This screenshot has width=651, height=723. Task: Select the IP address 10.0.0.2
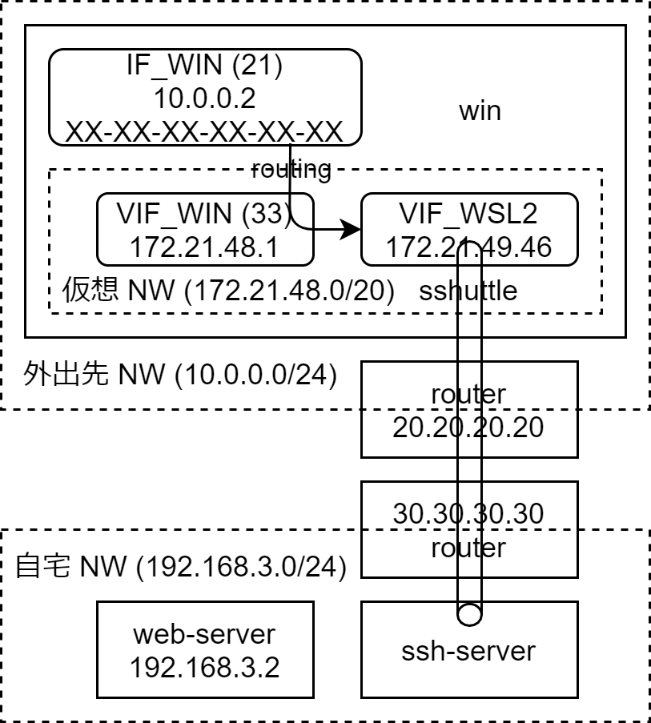203,99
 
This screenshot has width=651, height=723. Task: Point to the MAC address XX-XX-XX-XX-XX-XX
203,131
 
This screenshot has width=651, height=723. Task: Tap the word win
480,110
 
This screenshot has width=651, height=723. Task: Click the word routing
291,169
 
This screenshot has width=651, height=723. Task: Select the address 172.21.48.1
204,247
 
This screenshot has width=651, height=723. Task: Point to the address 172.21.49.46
468,247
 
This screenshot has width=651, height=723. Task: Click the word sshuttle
467,291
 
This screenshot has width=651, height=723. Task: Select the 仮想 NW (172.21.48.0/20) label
228,291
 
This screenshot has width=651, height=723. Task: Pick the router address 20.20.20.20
468,427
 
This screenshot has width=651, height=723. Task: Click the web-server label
204,634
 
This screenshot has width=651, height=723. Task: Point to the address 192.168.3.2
204,666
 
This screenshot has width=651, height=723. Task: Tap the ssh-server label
468,650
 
